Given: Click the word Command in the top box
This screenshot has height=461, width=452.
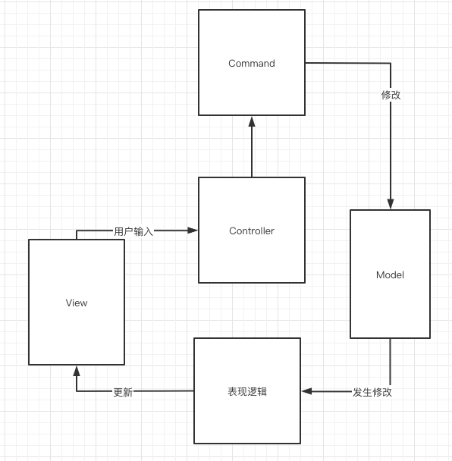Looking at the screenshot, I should [x=251, y=64].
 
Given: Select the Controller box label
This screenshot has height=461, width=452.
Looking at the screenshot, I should [x=251, y=231].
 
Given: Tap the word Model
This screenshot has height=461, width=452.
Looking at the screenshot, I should [x=390, y=274].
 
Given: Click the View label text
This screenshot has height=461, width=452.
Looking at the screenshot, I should [x=77, y=303].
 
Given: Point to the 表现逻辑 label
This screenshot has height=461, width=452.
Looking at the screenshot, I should [x=247, y=392].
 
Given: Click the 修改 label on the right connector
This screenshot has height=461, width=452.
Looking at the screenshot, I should [x=391, y=96].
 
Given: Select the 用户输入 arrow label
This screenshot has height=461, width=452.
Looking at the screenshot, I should [x=133, y=231].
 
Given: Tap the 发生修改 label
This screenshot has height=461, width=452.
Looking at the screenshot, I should [x=372, y=392].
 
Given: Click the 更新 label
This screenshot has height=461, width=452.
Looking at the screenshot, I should [x=123, y=392].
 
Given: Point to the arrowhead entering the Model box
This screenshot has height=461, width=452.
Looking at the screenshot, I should [x=390, y=203].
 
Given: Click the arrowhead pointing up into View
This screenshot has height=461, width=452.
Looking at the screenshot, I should [x=77, y=371].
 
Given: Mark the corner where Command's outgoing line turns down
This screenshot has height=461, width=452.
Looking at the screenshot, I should [x=390, y=64].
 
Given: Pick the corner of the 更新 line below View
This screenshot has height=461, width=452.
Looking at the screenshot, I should [x=77, y=391].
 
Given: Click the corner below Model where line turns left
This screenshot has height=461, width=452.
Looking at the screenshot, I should [x=390, y=391].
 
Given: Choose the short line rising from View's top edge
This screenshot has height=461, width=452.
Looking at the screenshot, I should [x=77, y=234].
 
